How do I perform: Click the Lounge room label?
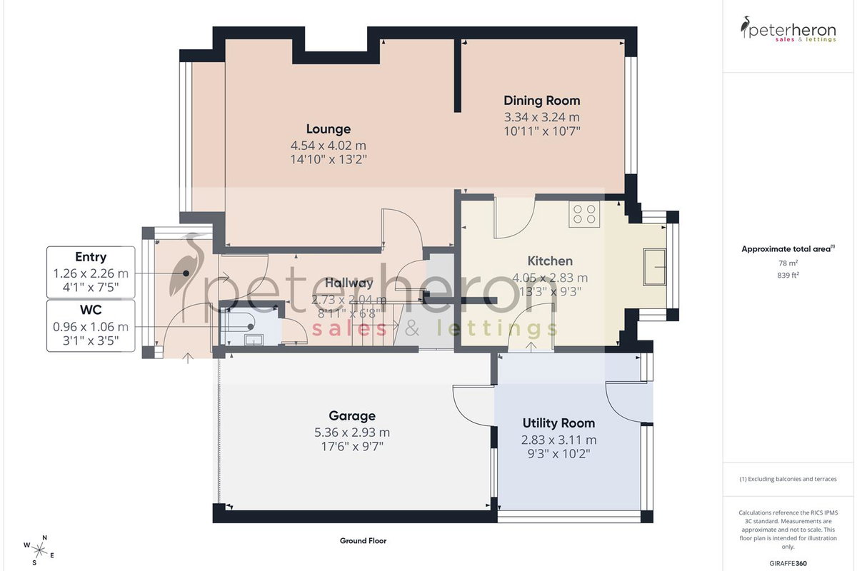click(x=329, y=129)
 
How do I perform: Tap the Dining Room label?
click(x=542, y=101)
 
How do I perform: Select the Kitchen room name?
click(x=550, y=261)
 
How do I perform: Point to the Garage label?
click(x=352, y=415)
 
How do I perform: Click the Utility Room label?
click(x=558, y=423)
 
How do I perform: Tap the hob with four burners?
click(x=584, y=214)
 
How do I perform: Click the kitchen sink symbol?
click(x=655, y=266)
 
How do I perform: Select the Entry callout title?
click(x=91, y=257)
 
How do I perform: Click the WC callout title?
click(x=91, y=309)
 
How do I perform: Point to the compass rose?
click(x=39, y=550)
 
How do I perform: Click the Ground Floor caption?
click(x=363, y=541)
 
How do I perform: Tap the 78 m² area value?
click(x=788, y=263)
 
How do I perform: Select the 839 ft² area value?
click(x=788, y=275)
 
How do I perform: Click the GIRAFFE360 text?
click(x=788, y=563)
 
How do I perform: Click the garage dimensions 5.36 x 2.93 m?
click(x=352, y=433)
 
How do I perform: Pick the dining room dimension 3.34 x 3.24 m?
click(x=542, y=117)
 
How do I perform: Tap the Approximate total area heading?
click(x=788, y=249)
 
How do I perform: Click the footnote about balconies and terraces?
click(x=788, y=479)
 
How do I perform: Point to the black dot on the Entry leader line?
click(x=186, y=273)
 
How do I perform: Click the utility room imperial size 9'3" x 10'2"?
click(x=558, y=454)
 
